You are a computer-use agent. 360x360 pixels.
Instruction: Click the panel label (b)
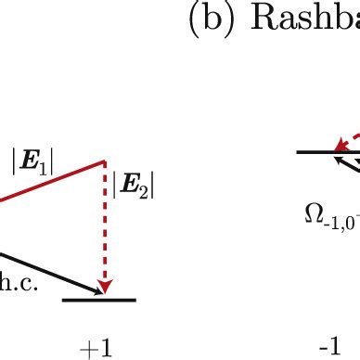click(x=206, y=22)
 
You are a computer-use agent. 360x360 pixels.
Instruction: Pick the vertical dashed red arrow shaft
click(x=106, y=223)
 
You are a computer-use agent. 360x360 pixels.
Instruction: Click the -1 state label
click(x=328, y=347)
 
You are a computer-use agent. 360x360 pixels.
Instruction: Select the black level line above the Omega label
click(x=315, y=151)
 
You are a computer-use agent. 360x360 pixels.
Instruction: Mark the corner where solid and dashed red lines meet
click(x=106, y=161)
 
